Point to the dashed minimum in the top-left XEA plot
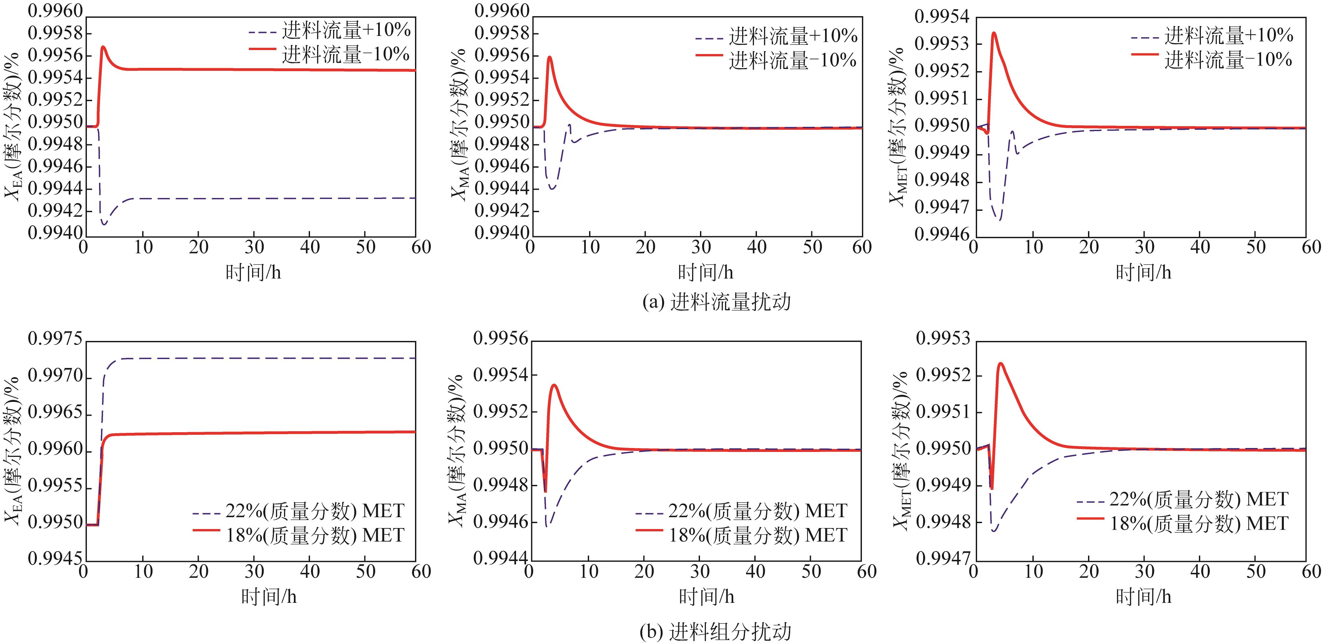click(104, 224)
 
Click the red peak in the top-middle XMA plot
click(550, 57)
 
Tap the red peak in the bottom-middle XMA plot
click(554, 385)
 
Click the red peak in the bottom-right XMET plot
click(1000, 364)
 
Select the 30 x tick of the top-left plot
click(254, 247)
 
